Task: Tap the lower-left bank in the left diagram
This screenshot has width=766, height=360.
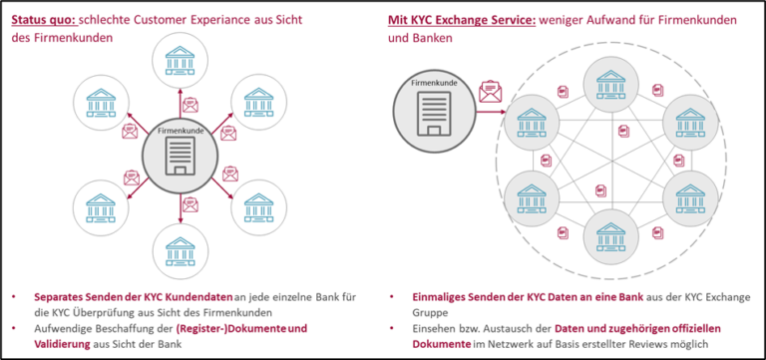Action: [x=102, y=202]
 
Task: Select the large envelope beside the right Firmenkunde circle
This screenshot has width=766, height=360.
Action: [x=490, y=93]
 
